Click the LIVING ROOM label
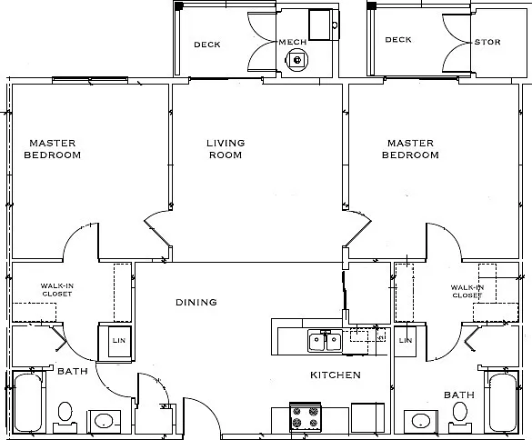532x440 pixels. click(226, 149)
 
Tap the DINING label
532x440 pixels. click(196, 302)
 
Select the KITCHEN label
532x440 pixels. click(336, 375)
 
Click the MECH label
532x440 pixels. click(293, 42)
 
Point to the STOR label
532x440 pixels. click(487, 42)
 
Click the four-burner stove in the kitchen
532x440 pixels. click(306, 417)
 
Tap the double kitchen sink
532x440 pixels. click(325, 342)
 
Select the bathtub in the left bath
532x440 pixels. click(28, 403)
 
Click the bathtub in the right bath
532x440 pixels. click(503, 403)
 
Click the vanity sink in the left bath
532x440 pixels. click(104, 421)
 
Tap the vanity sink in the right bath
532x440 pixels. click(421, 421)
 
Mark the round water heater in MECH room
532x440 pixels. click(297, 60)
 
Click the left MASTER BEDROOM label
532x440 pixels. click(52, 149)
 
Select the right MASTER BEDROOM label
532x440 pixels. click(410, 149)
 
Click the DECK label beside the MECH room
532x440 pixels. click(207, 45)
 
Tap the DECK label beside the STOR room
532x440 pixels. click(398, 40)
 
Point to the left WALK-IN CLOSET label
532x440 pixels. click(57, 290)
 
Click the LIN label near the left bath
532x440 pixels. click(119, 340)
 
